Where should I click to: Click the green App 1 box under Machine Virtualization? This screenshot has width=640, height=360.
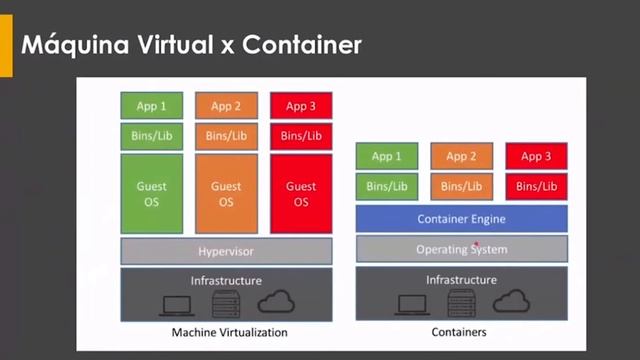coord(151,106)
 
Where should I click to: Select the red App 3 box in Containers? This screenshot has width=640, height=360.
coord(536,156)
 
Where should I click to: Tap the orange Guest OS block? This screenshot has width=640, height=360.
coord(226,193)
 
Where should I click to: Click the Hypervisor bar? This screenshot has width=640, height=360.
coord(226,251)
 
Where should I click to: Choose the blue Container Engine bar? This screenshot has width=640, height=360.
coord(461,219)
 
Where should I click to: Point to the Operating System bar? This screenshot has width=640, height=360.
coord(461,248)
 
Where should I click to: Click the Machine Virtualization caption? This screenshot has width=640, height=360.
coord(230,332)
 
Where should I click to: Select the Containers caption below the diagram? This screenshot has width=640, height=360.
coord(461,332)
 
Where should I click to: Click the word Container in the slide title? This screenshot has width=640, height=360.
coord(302,45)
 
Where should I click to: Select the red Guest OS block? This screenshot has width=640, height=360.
coord(301,193)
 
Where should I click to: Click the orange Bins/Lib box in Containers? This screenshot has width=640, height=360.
coord(461,186)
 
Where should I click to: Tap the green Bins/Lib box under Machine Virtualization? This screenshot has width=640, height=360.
coord(151,135)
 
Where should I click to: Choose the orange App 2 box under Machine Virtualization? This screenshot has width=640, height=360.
coord(226,106)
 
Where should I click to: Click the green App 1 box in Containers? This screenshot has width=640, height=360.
coord(387,156)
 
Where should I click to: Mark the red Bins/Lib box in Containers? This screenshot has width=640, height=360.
coord(536,186)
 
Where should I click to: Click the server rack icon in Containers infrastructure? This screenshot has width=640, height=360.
coord(461,304)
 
